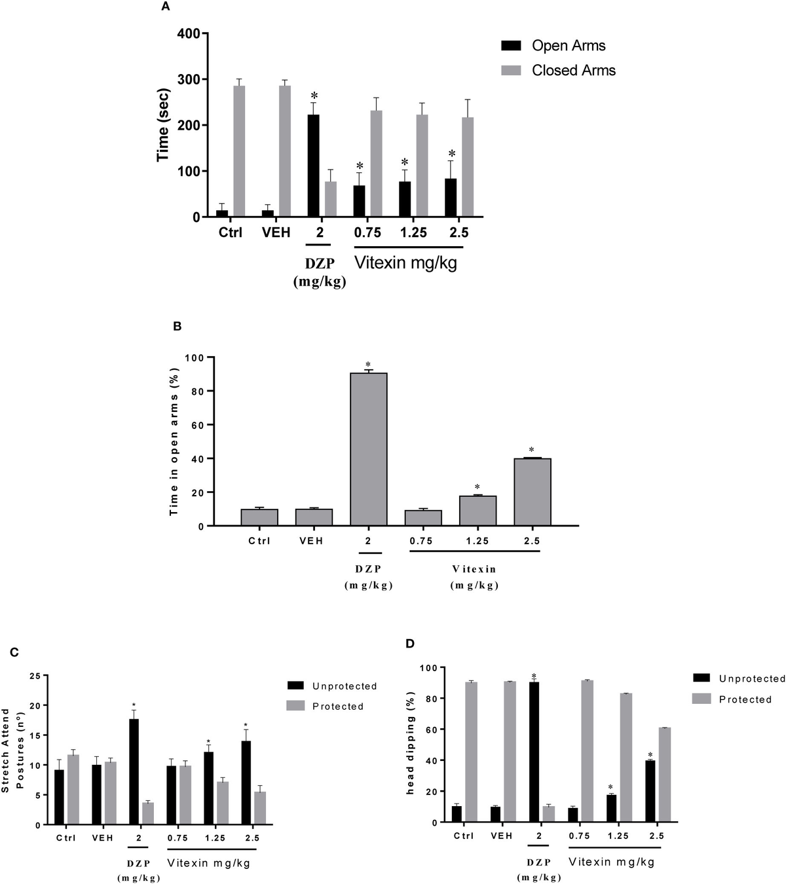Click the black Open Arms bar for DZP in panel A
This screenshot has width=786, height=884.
[x=314, y=166]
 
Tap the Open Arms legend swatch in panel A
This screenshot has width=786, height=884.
[x=511, y=46]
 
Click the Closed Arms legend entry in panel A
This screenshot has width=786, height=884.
[x=573, y=71]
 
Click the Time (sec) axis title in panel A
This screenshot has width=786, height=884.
[x=163, y=125]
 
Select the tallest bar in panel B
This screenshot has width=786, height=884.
[x=368, y=449]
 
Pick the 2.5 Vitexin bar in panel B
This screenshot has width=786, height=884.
[x=532, y=492]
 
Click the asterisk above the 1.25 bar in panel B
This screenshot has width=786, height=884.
[x=477, y=487]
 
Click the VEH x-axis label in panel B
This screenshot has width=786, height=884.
[x=310, y=541]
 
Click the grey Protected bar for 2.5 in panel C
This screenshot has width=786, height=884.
[x=260, y=808]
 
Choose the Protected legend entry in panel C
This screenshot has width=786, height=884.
[x=337, y=706]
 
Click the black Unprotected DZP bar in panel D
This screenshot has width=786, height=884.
[x=534, y=752]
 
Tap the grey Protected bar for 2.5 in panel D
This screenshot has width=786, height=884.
[x=665, y=775]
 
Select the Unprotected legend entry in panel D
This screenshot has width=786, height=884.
[x=751, y=679]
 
